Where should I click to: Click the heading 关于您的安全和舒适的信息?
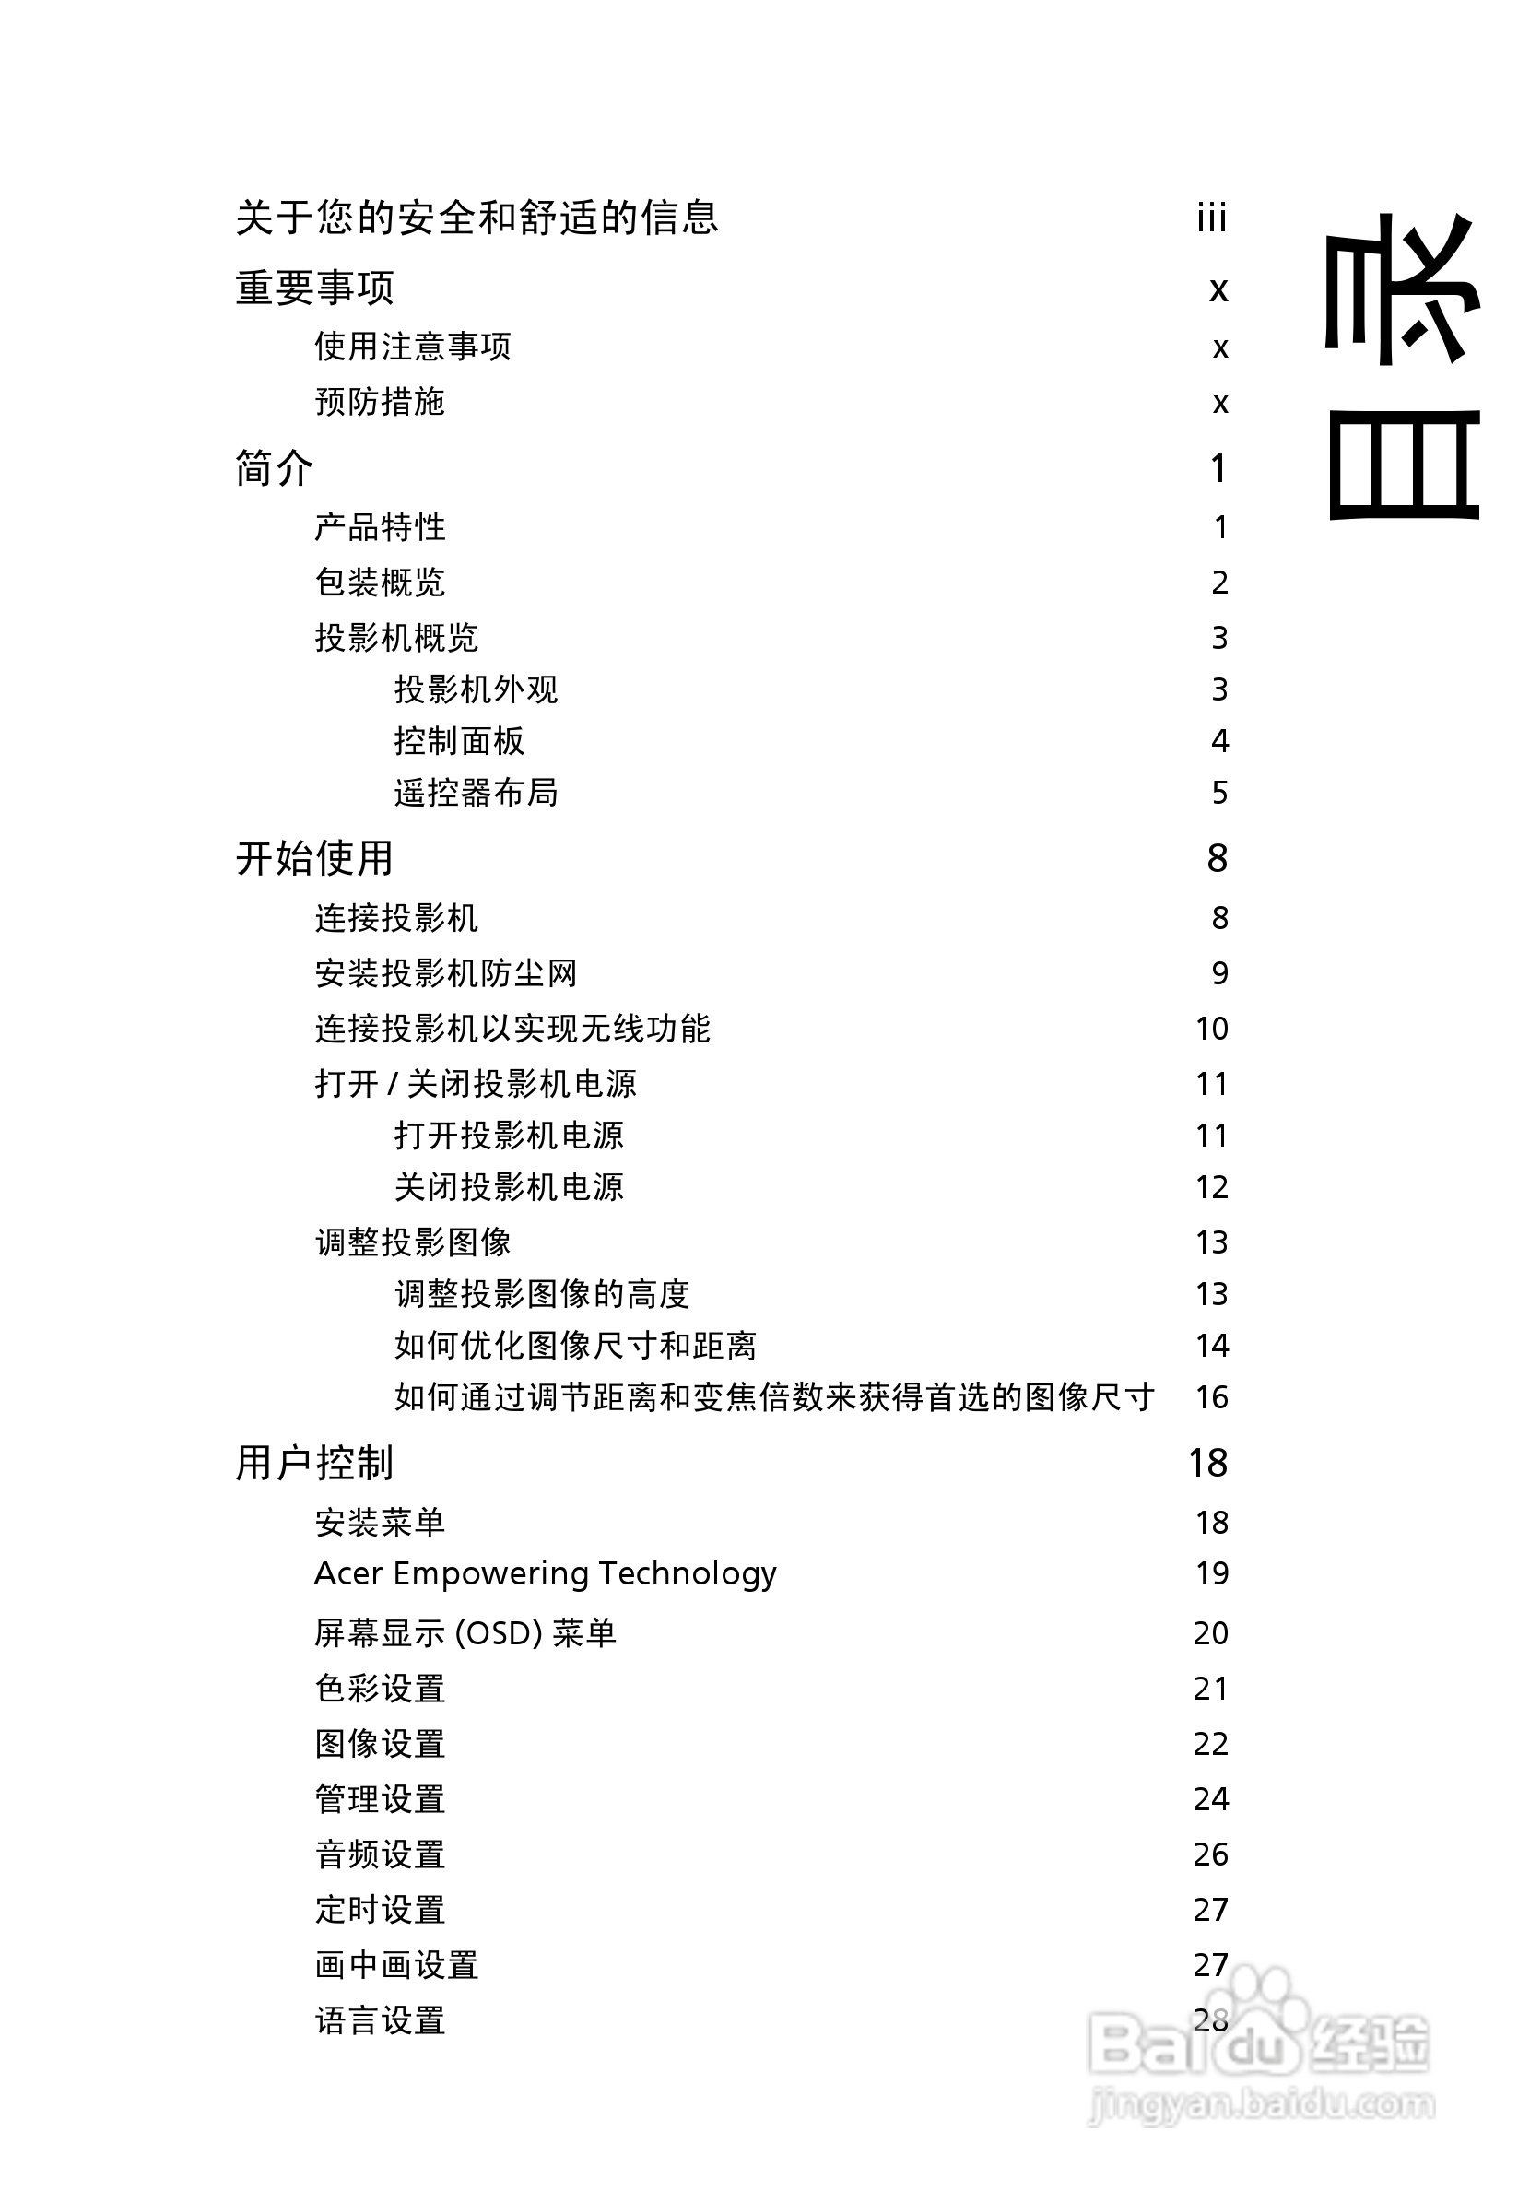476,218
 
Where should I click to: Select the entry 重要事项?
315,287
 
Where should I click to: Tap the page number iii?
1211,218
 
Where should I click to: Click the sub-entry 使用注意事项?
413,347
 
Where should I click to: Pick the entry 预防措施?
380,402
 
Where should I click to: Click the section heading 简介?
275,468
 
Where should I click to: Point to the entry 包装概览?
380,582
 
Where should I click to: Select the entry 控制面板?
459,740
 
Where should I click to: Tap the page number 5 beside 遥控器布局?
1219,793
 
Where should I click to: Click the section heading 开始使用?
315,857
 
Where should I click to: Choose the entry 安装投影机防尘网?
445,973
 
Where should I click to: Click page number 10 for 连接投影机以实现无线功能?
1211,1029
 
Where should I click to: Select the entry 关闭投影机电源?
509,1186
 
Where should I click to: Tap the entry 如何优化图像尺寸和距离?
575,1345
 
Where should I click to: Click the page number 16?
1211,1397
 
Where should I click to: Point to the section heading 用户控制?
315,1462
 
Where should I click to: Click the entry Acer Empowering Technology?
545,1572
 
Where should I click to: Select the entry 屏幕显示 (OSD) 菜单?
465,1633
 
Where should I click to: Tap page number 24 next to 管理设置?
1210,1799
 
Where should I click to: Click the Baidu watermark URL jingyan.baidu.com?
1261,2103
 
